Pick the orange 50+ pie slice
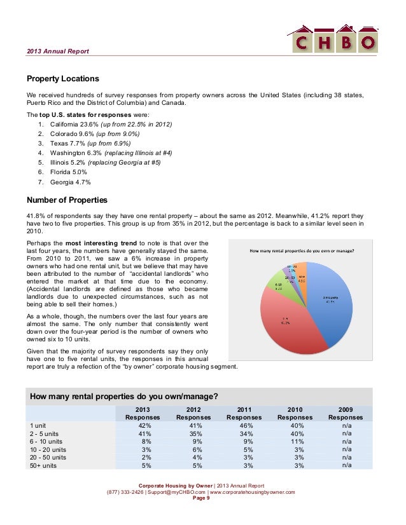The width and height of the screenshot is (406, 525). pos(302,274)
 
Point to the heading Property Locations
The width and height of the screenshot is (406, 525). pos(62,79)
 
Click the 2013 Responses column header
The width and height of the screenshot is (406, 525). pos(143,413)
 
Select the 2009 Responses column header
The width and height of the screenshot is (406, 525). pos(346,413)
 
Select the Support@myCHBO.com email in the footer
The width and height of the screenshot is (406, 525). pos(172,492)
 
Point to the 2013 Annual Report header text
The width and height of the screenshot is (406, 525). pos(58,51)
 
